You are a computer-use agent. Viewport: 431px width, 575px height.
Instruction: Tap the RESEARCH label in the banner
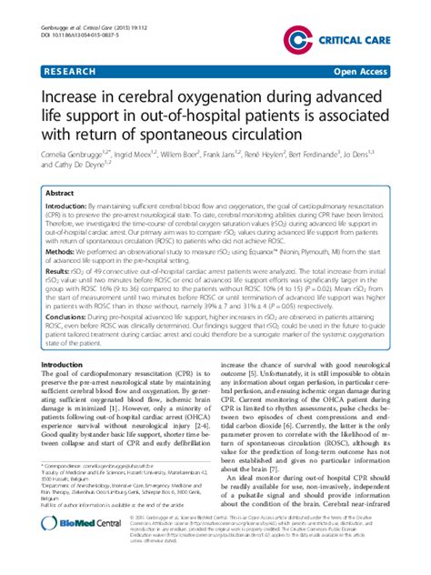[66, 69]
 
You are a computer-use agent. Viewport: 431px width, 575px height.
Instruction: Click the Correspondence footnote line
[107, 491]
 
